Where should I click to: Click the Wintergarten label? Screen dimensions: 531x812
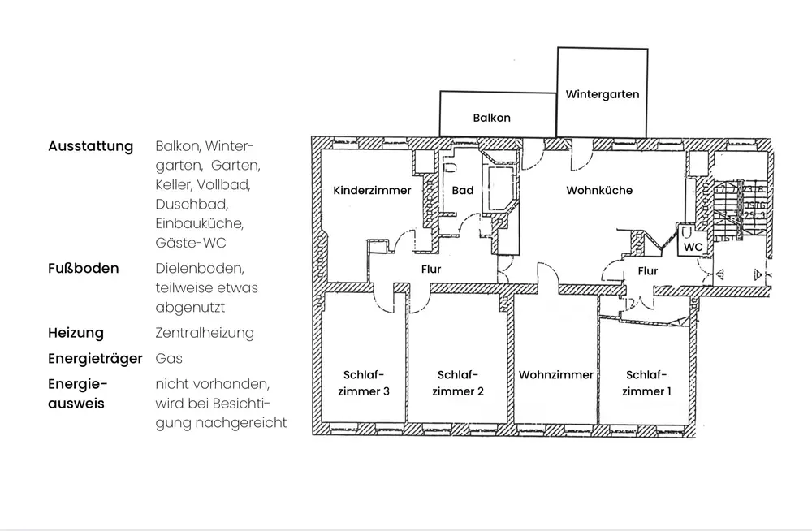point(603,94)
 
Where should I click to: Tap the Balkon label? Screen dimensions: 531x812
point(491,118)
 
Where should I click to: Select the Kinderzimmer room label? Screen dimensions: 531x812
point(372,191)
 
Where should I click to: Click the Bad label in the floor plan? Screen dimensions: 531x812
point(463,191)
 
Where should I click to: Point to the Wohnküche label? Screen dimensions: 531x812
point(599,191)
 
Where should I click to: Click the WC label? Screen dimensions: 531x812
point(693,246)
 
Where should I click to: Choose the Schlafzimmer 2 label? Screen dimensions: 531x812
point(458,383)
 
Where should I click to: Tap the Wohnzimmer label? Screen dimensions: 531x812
point(556,375)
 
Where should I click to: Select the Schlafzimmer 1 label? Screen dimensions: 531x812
point(646,383)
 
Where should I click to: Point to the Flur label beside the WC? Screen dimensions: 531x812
point(647,271)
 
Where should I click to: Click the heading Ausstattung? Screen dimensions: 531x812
point(90,147)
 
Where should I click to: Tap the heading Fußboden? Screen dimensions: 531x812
point(83,268)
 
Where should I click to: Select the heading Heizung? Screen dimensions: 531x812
point(76,333)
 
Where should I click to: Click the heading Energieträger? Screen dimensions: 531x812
point(95,358)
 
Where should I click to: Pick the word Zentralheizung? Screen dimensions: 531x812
point(204,333)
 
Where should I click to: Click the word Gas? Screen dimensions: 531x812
point(169,358)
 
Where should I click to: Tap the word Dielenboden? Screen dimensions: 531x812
point(199,268)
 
